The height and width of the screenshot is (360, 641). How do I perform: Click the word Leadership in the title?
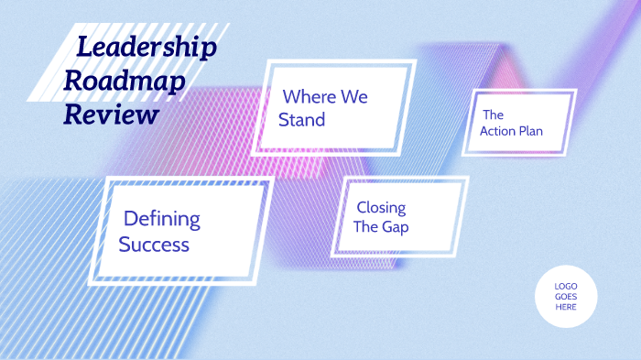(x=147, y=48)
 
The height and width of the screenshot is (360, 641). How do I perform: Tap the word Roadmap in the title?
(x=125, y=82)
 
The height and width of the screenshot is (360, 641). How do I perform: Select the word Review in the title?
(x=111, y=115)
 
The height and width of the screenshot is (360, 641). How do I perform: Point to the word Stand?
(x=302, y=120)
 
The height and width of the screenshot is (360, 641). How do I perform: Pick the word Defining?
(x=162, y=219)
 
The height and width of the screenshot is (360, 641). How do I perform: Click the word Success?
(x=154, y=245)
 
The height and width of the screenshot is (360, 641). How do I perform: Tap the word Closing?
(x=381, y=208)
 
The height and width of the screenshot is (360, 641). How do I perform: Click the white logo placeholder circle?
(x=566, y=296)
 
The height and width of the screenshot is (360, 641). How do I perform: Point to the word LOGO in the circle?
(x=566, y=286)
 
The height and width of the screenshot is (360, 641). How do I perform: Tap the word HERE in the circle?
(x=566, y=306)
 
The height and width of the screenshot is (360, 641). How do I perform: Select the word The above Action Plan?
(x=493, y=115)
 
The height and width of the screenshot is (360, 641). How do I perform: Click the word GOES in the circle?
(x=566, y=296)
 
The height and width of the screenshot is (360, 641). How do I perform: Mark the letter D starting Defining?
(x=131, y=219)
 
